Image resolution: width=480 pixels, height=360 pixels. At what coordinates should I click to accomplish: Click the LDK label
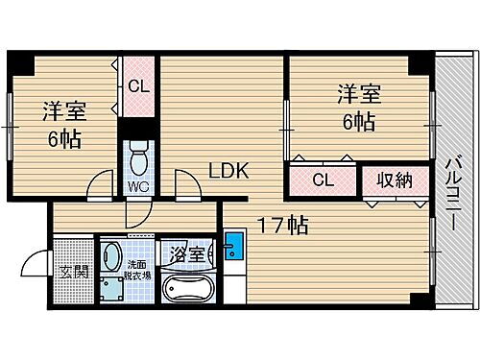pyautogui.click(x=230, y=171)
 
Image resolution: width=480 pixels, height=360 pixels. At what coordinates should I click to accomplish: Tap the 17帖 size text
pyautogui.click(x=281, y=227)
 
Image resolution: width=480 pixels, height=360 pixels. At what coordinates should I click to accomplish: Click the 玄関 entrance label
pyautogui.click(x=76, y=272)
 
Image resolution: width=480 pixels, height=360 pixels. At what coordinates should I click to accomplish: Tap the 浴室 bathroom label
pyautogui.click(x=186, y=255)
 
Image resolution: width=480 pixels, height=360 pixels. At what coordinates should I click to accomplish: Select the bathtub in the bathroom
pyautogui.click(x=186, y=286)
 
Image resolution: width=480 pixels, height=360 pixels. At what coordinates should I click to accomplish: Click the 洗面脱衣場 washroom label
pyautogui.click(x=138, y=269)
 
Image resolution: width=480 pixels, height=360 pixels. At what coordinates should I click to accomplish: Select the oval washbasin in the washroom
pyautogui.click(x=111, y=256)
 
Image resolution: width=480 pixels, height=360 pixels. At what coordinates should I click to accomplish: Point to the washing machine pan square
pyautogui.click(x=111, y=288)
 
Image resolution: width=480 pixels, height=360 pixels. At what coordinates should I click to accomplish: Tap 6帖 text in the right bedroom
pyautogui.click(x=358, y=121)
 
